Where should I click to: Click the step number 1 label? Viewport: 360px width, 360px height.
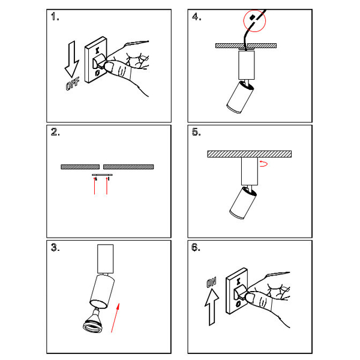(55, 17)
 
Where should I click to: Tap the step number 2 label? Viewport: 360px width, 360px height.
(55, 132)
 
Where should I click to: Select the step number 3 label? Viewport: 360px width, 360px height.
(55, 247)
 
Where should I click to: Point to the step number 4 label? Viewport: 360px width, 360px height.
(197, 17)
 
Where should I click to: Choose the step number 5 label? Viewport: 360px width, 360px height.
(196, 132)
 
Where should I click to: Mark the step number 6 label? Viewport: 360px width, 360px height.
(196, 247)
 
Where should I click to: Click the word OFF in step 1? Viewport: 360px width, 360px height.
(73, 84)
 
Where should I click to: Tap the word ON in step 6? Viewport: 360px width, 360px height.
(211, 283)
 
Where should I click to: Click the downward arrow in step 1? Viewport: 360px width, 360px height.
(72, 59)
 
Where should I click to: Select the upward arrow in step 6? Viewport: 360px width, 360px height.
(212, 307)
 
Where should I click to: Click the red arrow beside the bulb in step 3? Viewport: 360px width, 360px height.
(115, 318)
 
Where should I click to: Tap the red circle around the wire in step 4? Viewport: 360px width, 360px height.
(254, 20)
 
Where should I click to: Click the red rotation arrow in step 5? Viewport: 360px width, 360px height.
(263, 164)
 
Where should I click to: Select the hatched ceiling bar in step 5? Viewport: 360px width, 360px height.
(250, 154)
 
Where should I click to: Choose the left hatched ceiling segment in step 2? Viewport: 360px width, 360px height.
(80, 167)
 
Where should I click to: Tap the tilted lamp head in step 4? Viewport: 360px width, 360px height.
(240, 97)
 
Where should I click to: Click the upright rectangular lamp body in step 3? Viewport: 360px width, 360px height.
(106, 259)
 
